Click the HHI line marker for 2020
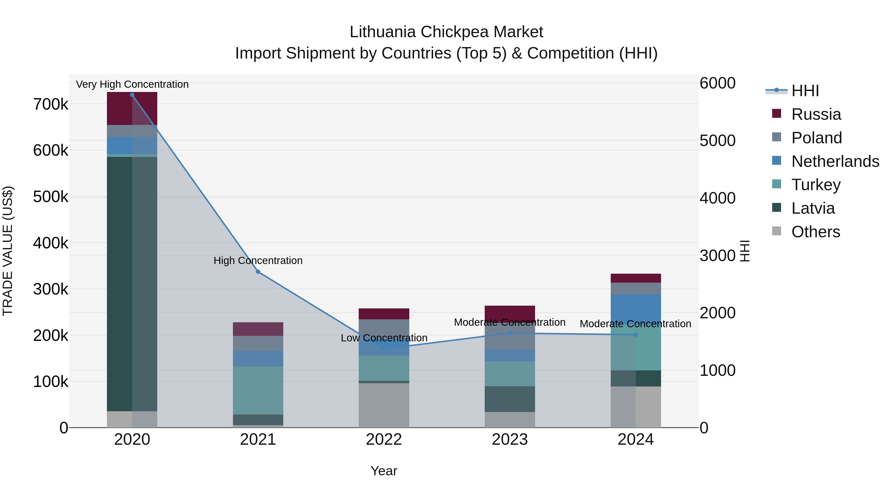click(132, 95)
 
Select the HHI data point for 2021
click(258, 272)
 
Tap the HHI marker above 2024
click(636, 335)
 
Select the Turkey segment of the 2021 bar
click(258, 390)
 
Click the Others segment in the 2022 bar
click(384, 405)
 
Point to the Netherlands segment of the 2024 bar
click(636, 308)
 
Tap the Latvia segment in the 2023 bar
click(510, 399)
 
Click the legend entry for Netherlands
click(835, 161)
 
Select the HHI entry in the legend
click(805, 91)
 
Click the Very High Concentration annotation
click(132, 84)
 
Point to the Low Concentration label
click(384, 338)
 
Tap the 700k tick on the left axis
click(51, 104)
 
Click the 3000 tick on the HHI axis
click(717, 256)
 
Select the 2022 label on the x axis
click(384, 440)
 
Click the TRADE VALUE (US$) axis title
click(8, 251)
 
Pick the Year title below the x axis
click(384, 471)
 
